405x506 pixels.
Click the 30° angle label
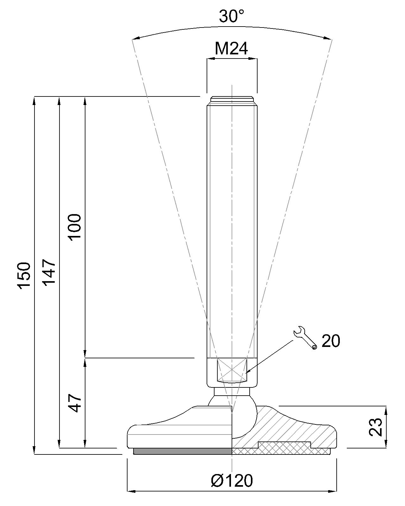[x=232, y=16]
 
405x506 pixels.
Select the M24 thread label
[x=231, y=49]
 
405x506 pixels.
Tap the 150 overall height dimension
[x=24, y=275]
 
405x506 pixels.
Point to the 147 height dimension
[x=50, y=273]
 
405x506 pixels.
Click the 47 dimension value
[x=76, y=403]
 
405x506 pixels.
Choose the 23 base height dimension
[x=376, y=427]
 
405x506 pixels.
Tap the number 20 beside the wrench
[x=331, y=341]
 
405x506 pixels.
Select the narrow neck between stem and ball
[x=232, y=392]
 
